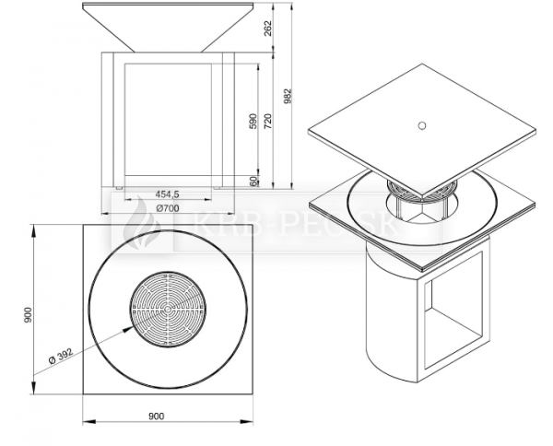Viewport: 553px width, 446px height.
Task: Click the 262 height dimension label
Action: coord(268,28)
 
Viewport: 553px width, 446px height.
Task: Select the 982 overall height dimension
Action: coord(288,96)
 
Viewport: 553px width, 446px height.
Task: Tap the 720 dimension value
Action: coord(268,121)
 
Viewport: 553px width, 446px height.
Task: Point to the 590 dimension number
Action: coord(253,121)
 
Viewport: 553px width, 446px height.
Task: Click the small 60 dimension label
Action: coord(253,182)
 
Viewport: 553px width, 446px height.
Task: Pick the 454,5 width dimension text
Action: coord(168,194)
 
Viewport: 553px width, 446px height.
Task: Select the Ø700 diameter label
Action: coord(168,208)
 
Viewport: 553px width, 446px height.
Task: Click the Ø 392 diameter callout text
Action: coord(61,356)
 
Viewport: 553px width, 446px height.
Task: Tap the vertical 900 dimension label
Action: coord(29,314)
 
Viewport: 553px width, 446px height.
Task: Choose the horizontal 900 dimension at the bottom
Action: coord(157,417)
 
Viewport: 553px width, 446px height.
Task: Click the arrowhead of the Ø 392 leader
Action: coord(127,329)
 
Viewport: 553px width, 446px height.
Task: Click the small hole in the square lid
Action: coord(421,125)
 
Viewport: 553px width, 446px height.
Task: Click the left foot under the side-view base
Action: coord(120,188)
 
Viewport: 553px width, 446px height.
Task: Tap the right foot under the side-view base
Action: coord(218,188)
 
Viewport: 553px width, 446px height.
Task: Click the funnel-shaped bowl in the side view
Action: coord(168,28)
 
